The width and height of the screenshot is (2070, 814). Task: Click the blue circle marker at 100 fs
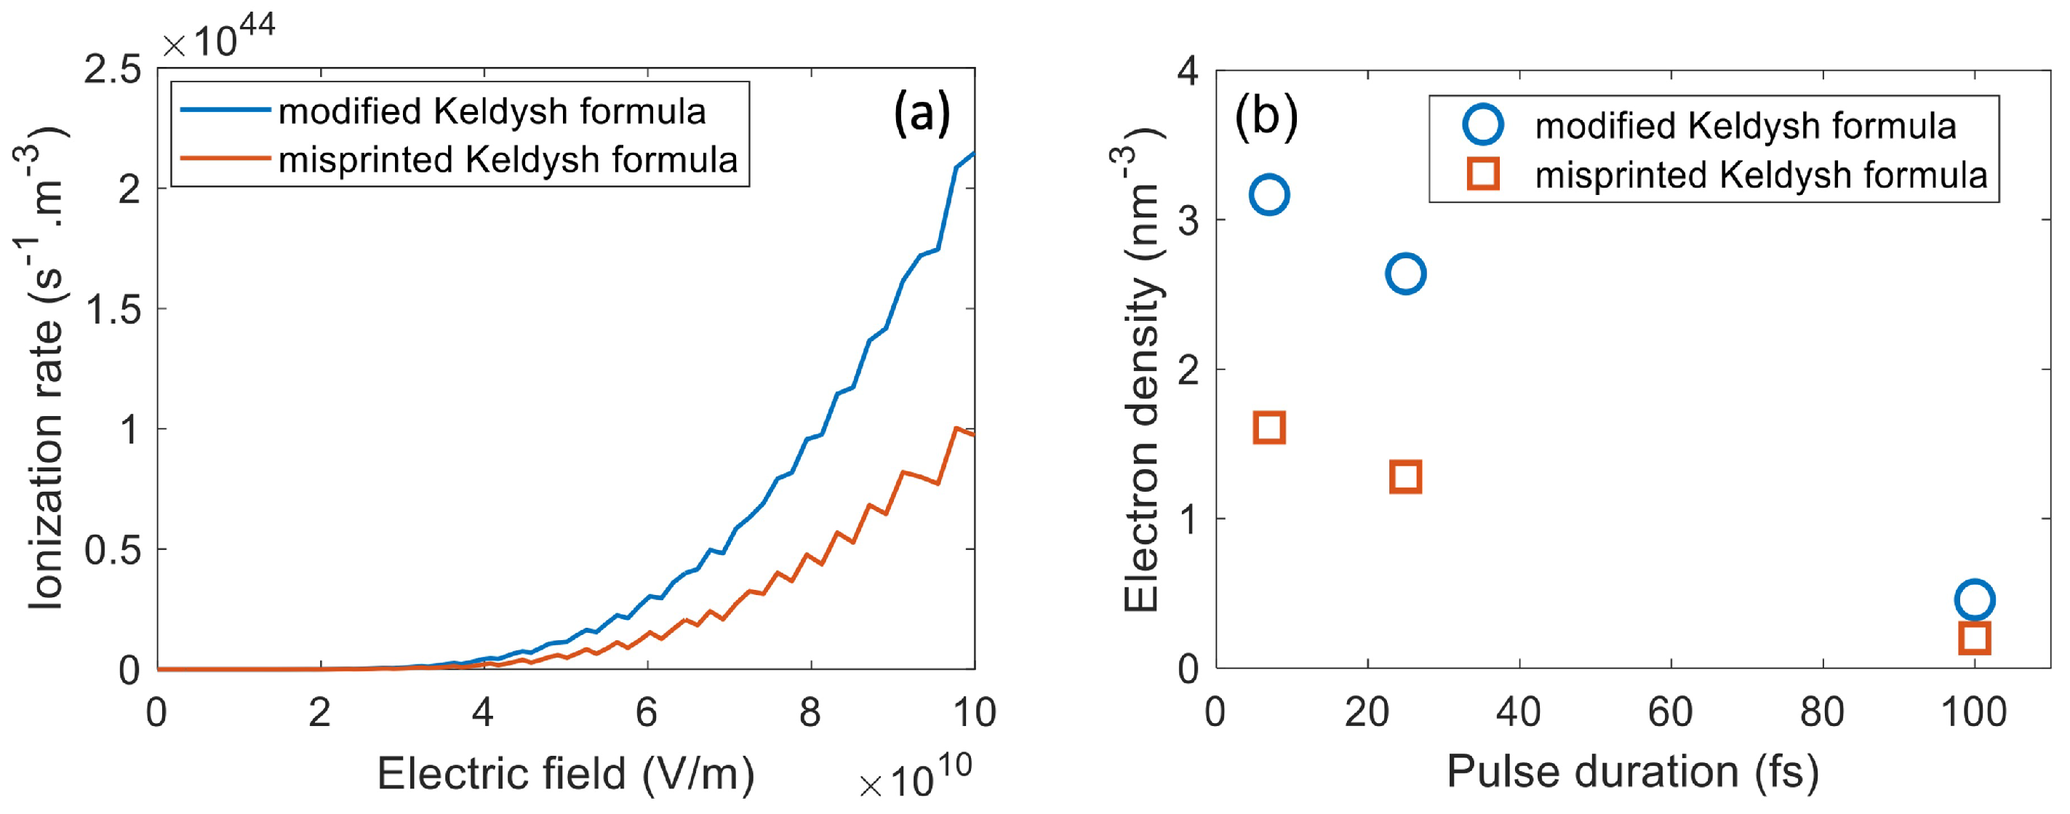tap(1975, 599)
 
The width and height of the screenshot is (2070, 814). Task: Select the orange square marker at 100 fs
tap(1975, 638)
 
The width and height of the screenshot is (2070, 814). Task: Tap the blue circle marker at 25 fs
tap(1405, 274)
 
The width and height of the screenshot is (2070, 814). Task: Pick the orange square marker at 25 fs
tap(1405, 476)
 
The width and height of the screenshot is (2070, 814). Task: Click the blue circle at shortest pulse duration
tap(1270, 194)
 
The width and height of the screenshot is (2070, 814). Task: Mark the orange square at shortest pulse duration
tap(1270, 428)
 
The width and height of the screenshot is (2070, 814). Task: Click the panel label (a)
tap(922, 113)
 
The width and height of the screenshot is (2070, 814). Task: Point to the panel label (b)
tap(1266, 117)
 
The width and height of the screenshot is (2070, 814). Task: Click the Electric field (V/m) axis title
tap(566, 773)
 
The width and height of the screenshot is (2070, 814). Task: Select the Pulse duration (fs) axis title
tap(1632, 771)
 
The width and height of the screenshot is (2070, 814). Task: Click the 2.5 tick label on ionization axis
tap(113, 70)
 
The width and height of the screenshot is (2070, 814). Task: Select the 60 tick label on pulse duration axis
tap(1670, 712)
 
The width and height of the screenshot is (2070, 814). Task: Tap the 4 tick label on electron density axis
tap(1188, 71)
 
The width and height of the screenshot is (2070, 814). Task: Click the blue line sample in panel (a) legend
tap(224, 110)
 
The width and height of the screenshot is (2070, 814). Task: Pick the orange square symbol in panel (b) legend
tap(1482, 175)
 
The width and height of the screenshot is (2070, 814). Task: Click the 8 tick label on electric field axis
tap(810, 712)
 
